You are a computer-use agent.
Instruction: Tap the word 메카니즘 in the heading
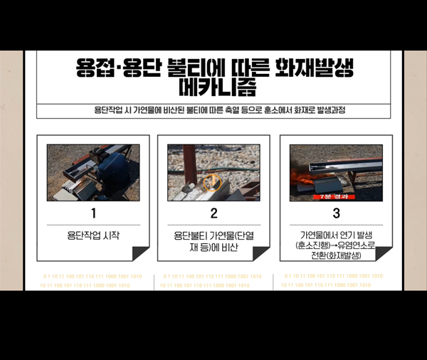tap(213, 90)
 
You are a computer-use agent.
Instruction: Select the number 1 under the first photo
tap(93, 213)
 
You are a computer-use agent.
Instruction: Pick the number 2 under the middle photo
tap(213, 213)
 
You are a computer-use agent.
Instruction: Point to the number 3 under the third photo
tap(336, 213)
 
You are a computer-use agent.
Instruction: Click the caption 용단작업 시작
tap(93, 234)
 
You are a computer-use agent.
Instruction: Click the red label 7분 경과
tap(334, 197)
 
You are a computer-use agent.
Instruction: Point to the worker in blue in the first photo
tap(110, 171)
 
